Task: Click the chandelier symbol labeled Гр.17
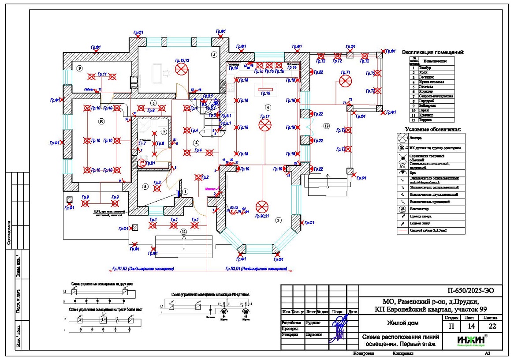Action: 264,126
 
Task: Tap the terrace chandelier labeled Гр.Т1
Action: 345,81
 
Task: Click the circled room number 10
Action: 102,120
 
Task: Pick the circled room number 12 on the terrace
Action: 327,126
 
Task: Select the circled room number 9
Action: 79,68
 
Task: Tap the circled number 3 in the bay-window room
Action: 278,219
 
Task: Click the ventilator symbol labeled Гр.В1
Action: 142,163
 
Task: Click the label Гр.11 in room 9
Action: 102,74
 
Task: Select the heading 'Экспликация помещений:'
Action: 433,52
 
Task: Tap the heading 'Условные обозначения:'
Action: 433,130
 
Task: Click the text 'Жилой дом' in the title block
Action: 403,323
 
